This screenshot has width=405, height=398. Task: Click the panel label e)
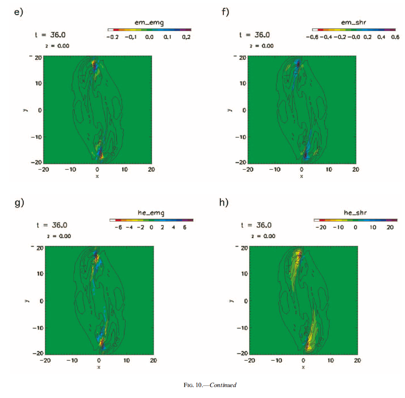[x=18, y=12]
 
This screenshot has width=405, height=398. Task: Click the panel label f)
[x=225, y=12]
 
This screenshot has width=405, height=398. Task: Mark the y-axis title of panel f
[x=229, y=110]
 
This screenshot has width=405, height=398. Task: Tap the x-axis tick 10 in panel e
[x=125, y=169]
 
